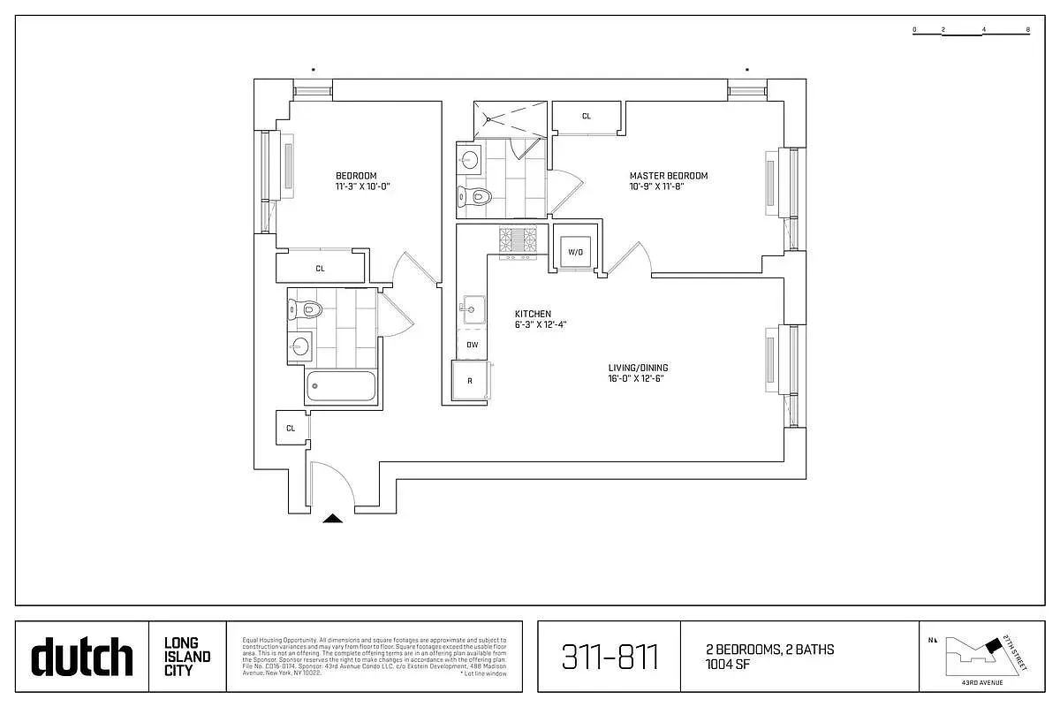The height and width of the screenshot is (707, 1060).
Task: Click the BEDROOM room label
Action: pos(355,176)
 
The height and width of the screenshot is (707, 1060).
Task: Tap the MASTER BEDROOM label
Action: pos(668,176)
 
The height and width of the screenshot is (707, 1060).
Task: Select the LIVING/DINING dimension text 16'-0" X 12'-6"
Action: pos(635,379)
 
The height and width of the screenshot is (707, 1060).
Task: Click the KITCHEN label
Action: pos(533,314)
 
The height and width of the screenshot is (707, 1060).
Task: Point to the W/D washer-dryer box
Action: pos(575,252)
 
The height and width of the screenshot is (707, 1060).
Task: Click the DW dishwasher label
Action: pos(472,345)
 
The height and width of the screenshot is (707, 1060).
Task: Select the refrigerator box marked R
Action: pos(470,382)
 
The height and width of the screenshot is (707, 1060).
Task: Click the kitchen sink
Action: pos(471,308)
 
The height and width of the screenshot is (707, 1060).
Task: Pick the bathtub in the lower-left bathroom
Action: pos(341,387)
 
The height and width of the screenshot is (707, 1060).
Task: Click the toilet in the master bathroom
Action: pos(477,196)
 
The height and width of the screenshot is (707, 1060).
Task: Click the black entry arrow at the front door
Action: pos(332,519)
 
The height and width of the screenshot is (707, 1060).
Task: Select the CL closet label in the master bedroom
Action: pos(587,116)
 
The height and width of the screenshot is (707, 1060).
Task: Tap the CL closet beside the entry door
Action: pos(290,428)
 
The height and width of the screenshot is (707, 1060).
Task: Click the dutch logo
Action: pos(82,658)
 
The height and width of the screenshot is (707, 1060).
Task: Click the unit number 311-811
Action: pos(609,658)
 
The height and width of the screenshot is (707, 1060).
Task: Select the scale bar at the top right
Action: pos(972,31)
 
